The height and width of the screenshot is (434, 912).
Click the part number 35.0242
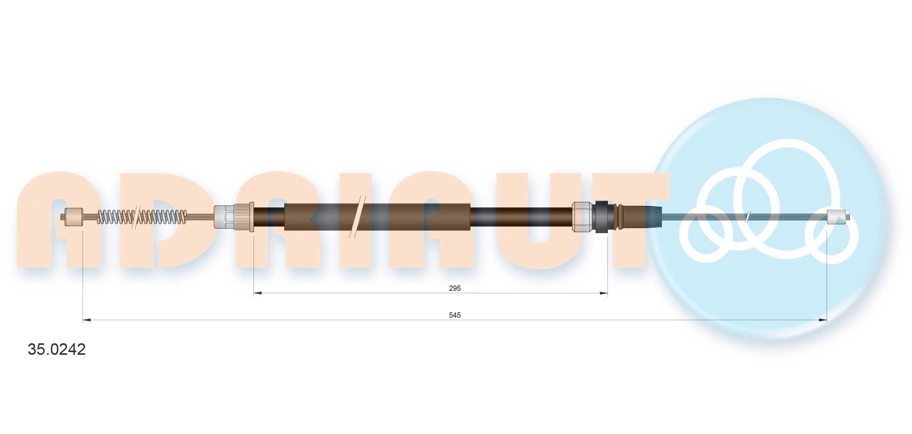pyautogui.click(x=57, y=349)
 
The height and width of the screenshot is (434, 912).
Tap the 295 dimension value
pyautogui.click(x=455, y=288)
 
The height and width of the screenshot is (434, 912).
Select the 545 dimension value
pyautogui.click(x=455, y=315)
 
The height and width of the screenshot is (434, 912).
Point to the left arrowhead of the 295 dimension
pyautogui.click(x=258, y=293)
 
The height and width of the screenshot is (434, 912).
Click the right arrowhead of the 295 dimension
pyautogui.click(x=604, y=293)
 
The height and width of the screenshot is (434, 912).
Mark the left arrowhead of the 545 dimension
pyautogui.click(x=87, y=320)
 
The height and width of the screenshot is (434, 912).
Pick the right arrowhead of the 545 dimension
pyautogui.click(x=822, y=320)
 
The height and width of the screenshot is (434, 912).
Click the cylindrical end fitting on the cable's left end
pyautogui.click(x=74, y=217)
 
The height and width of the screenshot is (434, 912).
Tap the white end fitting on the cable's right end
pyautogui.click(x=837, y=217)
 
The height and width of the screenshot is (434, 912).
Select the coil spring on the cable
pyautogui.click(x=142, y=217)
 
